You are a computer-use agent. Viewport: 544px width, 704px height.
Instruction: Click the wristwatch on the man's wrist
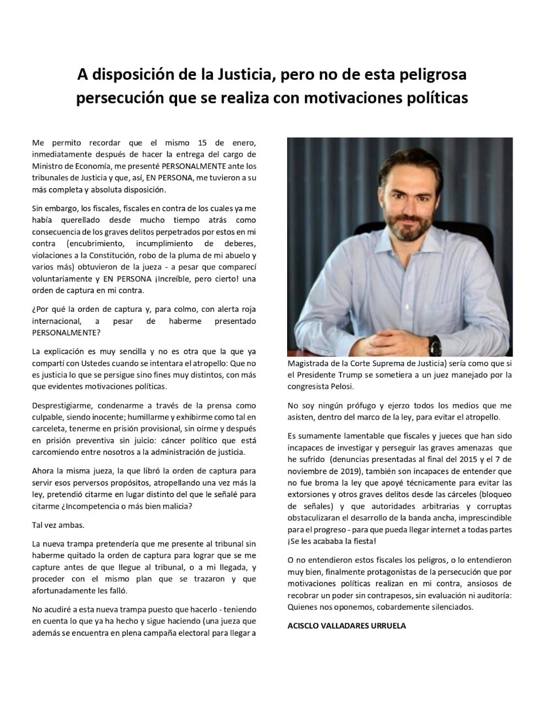(x=435, y=345)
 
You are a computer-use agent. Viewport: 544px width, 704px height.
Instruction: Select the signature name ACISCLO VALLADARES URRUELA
(x=347, y=625)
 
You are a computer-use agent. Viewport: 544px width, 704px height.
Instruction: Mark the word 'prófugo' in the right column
(x=348, y=406)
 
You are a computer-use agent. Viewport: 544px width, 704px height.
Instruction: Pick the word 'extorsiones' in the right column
(x=308, y=494)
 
